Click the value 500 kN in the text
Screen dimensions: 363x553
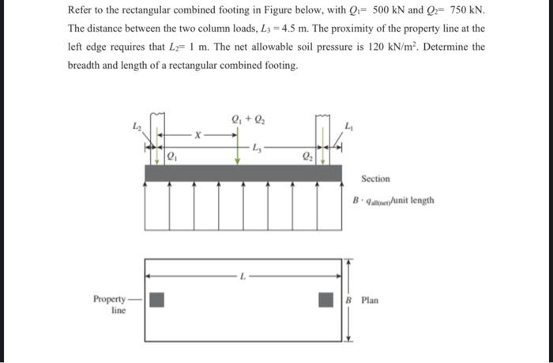tap(392, 12)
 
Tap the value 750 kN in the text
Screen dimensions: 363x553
tap(465, 12)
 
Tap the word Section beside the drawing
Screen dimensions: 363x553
tap(376, 179)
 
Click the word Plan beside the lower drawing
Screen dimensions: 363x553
tap(370, 301)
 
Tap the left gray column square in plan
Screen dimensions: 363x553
tap(158, 300)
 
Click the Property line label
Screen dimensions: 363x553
tap(110, 304)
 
